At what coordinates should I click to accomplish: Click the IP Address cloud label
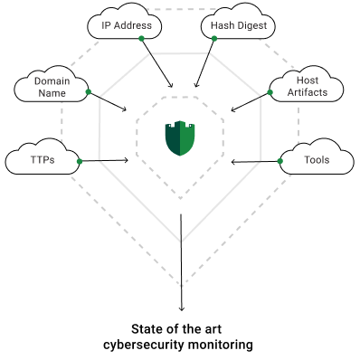click(x=127, y=25)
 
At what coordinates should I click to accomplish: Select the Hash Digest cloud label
click(x=239, y=25)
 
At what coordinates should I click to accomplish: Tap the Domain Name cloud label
click(x=52, y=87)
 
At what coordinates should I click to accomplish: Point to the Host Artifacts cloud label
click(x=308, y=86)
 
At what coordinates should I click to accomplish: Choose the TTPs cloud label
click(x=43, y=160)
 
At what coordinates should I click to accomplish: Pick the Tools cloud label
click(x=317, y=160)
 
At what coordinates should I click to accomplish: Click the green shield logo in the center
click(x=180, y=138)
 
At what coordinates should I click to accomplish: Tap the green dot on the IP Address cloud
click(x=141, y=38)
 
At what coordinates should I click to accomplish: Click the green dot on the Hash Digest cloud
click(x=214, y=38)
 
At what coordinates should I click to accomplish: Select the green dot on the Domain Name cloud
click(x=89, y=92)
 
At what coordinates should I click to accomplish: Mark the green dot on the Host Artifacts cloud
click(x=270, y=92)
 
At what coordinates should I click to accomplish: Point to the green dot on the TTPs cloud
click(x=80, y=162)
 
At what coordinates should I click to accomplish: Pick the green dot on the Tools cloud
click(x=280, y=161)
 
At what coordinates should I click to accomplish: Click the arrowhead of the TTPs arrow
click(x=127, y=160)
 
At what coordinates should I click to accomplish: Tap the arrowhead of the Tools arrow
click(x=233, y=162)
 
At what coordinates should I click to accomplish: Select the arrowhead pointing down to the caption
click(x=181, y=308)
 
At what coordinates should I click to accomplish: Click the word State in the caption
click(x=147, y=329)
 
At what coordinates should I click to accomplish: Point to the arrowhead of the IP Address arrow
click(x=171, y=86)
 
